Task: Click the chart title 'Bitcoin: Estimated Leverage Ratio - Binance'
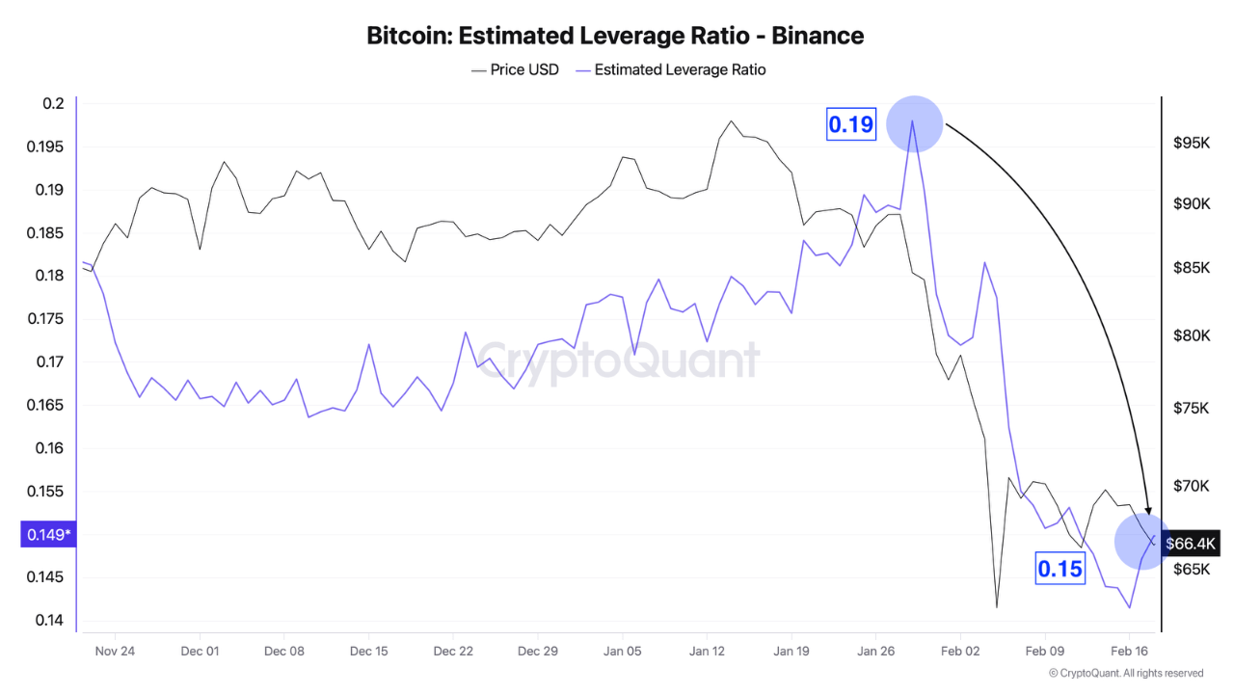[615, 36]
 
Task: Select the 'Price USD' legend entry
[515, 69]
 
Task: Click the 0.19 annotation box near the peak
[850, 124]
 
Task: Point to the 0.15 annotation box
[1060, 570]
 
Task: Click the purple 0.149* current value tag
[47, 534]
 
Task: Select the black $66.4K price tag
[1192, 544]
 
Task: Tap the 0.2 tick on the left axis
[55, 104]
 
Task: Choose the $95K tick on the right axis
[1191, 143]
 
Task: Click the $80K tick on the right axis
[1191, 336]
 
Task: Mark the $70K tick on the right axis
[1191, 486]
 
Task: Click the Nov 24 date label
[115, 652]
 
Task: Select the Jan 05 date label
[622, 652]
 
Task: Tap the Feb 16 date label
[1129, 652]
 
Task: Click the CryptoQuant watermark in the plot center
[618, 362]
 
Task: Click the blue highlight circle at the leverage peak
[913, 124]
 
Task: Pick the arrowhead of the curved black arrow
[1148, 510]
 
